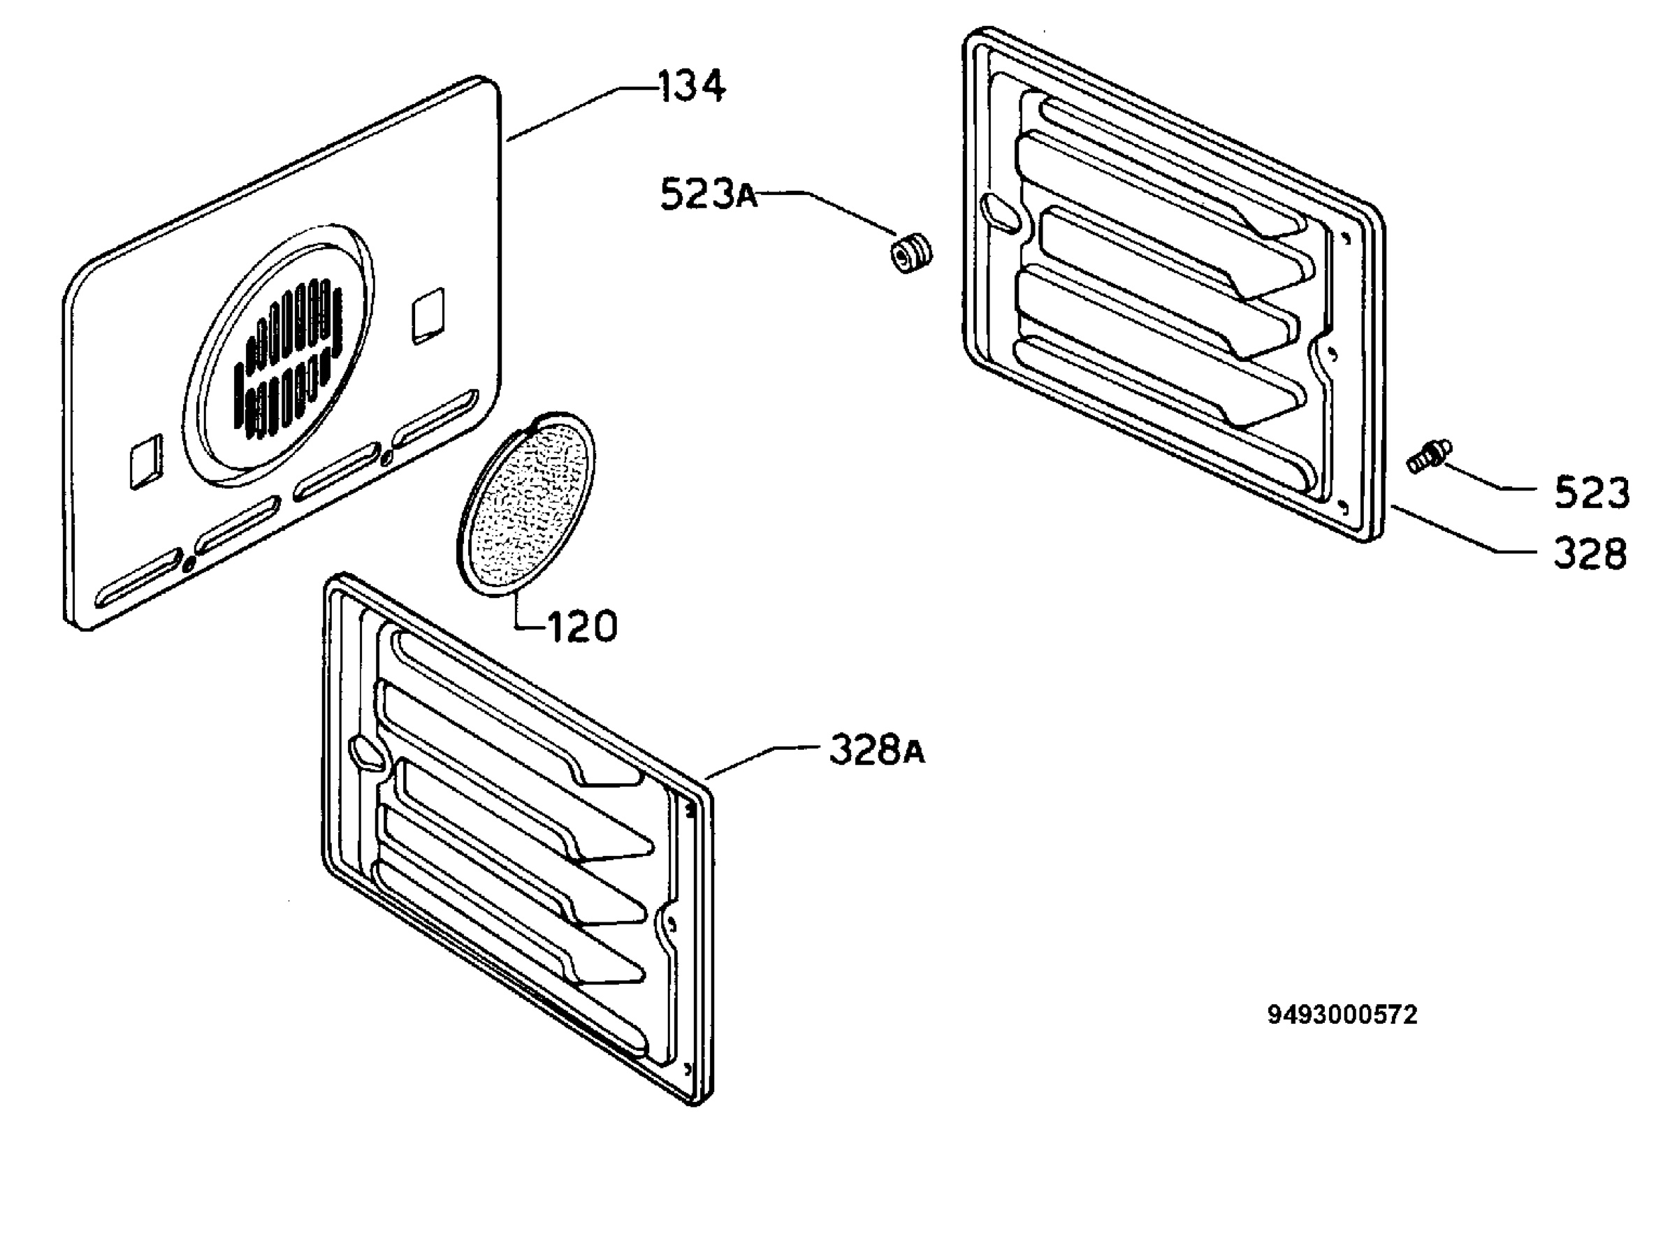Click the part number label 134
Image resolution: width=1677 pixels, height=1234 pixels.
691,86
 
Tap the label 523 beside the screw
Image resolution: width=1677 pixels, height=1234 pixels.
1591,493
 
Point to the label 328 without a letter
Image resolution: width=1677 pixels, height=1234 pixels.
1590,554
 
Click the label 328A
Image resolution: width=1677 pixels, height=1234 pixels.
877,750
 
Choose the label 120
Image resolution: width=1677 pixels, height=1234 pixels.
583,626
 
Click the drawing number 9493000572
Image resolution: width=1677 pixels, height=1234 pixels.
1342,1015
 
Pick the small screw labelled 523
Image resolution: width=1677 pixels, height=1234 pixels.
1429,456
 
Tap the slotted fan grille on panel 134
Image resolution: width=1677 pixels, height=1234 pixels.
287,357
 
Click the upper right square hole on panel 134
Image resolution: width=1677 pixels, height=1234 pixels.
429,314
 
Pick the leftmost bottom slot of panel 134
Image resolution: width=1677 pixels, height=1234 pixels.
139,577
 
